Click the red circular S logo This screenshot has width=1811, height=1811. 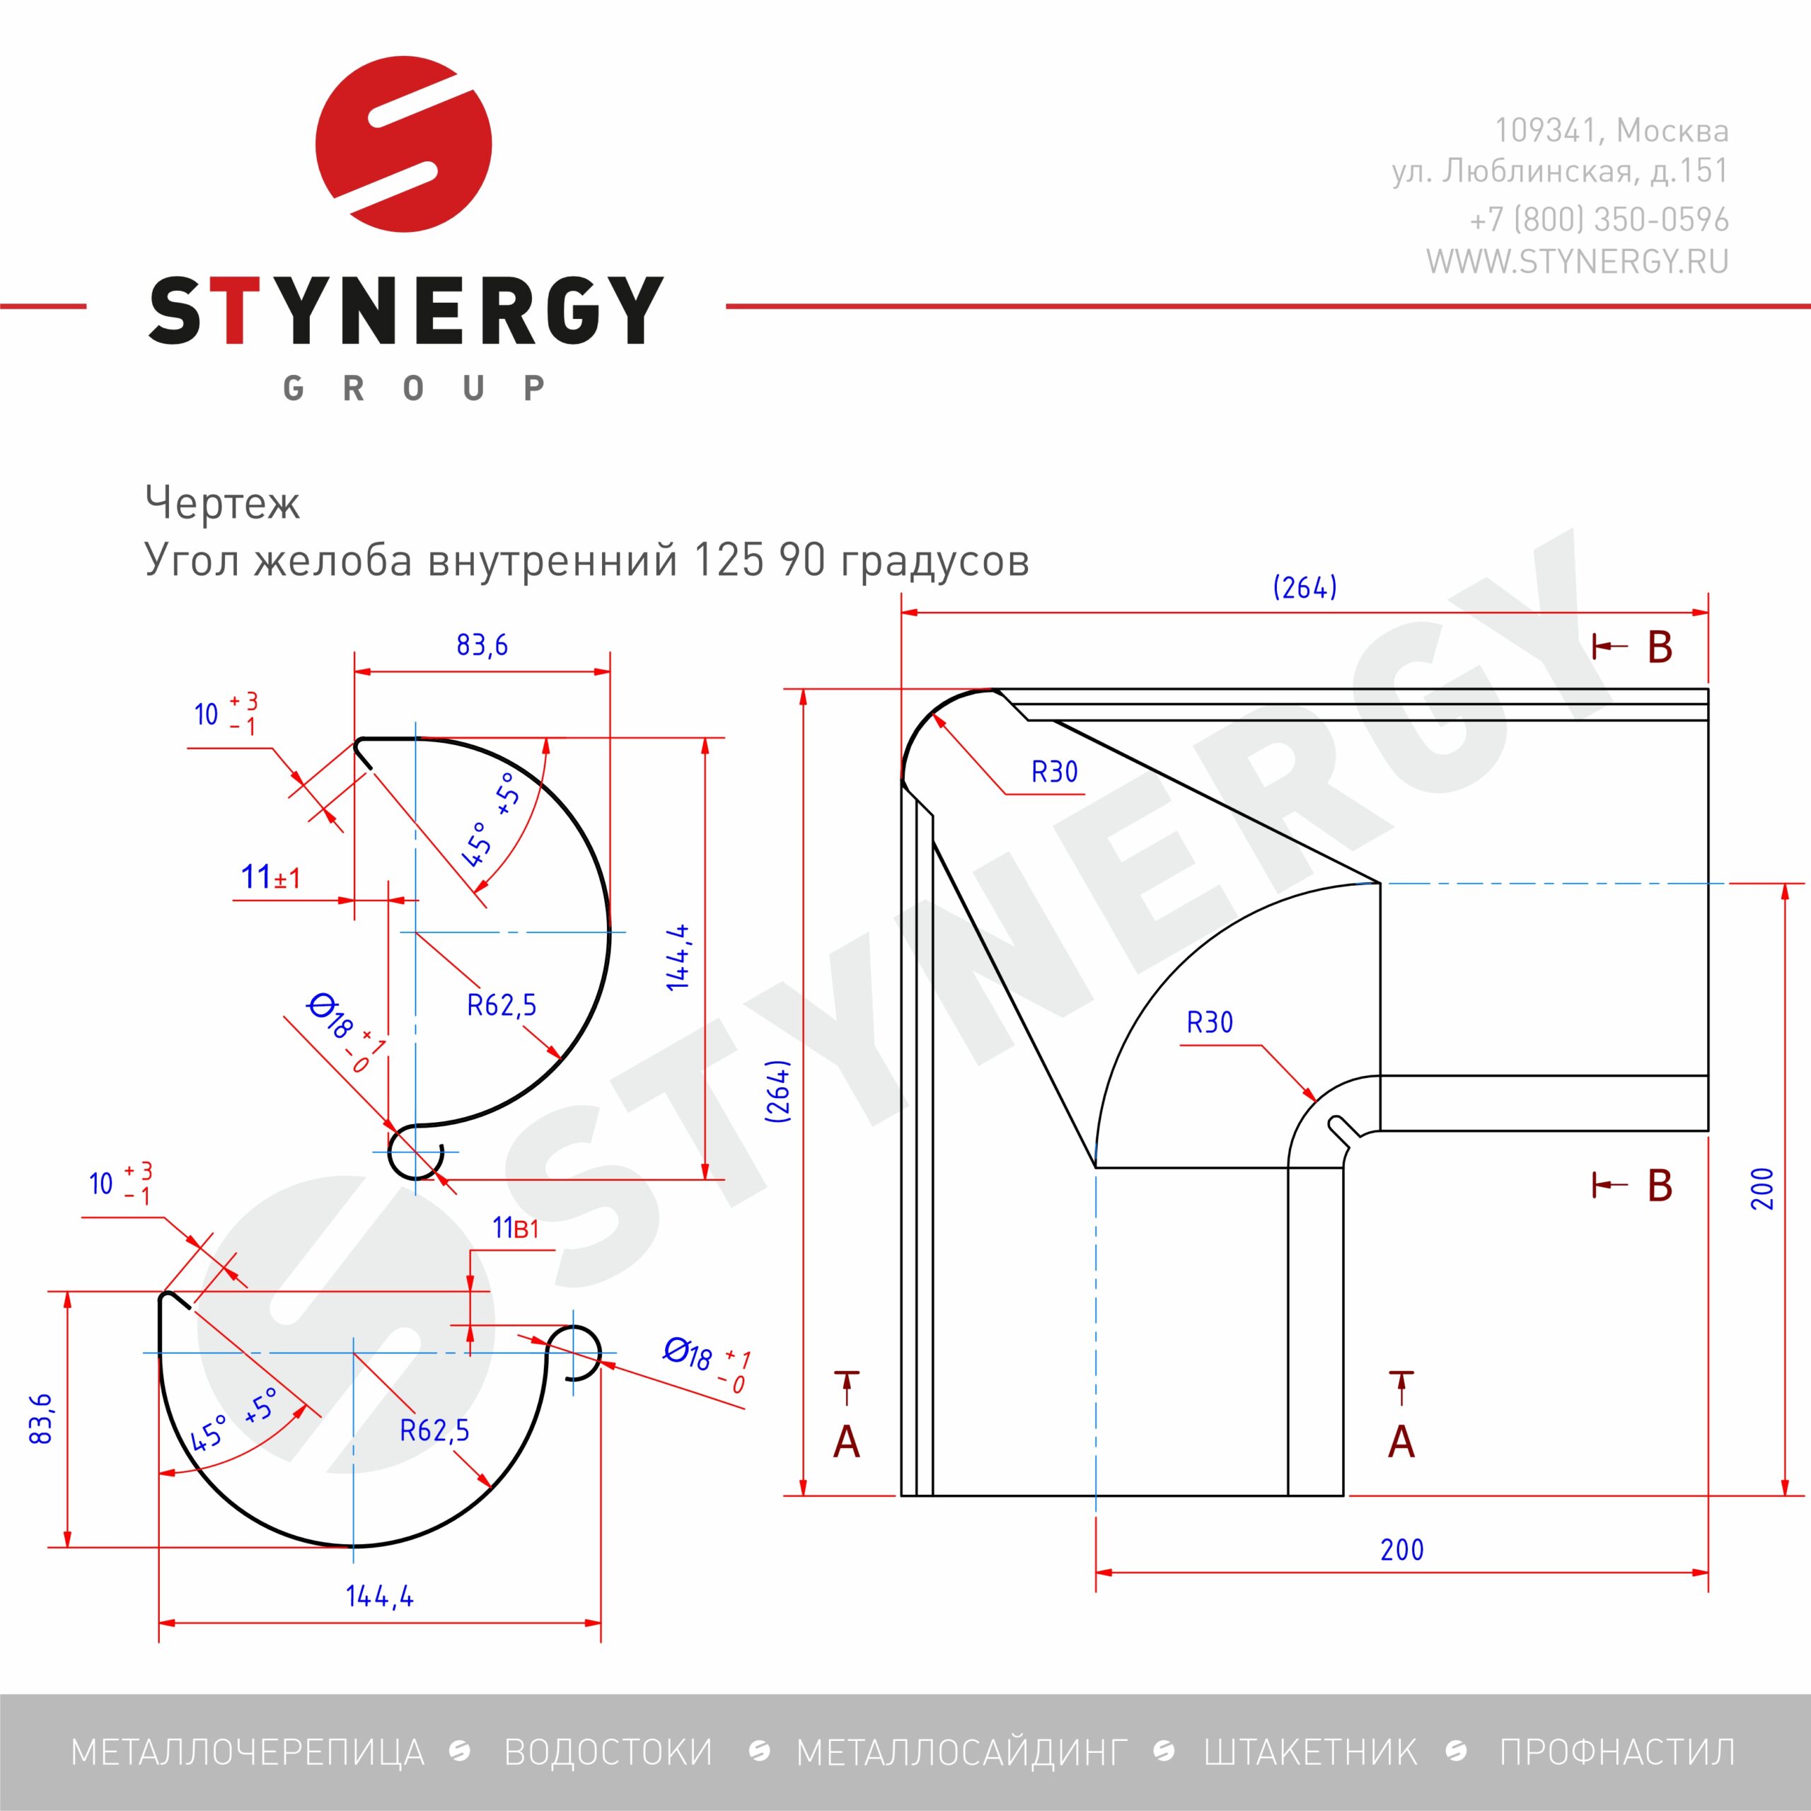(x=404, y=144)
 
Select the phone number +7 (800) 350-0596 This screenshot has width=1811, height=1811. (x=1599, y=219)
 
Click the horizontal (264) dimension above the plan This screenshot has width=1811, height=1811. (x=1304, y=588)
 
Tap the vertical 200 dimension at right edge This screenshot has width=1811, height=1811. (x=1762, y=1188)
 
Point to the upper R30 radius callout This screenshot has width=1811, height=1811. (x=1055, y=772)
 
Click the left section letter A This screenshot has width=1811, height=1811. (x=847, y=1442)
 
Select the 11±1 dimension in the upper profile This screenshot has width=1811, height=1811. (x=271, y=877)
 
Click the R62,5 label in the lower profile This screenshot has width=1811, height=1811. (x=434, y=1430)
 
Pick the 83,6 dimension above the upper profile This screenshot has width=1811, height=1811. (x=482, y=645)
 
